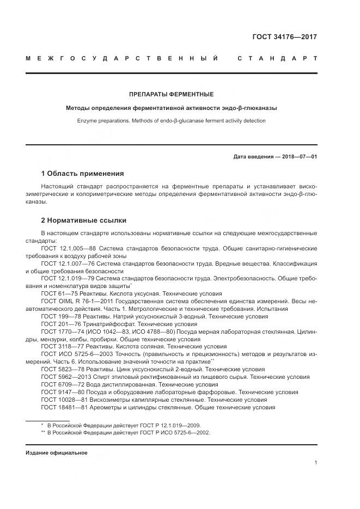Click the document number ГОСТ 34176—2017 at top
[x=284, y=37]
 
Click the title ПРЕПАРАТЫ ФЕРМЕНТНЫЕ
[x=170, y=94]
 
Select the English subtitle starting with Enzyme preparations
[x=170, y=120]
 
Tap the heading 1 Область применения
[x=82, y=174]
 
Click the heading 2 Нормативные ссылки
[x=84, y=220]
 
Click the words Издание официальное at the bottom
[x=56, y=452]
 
